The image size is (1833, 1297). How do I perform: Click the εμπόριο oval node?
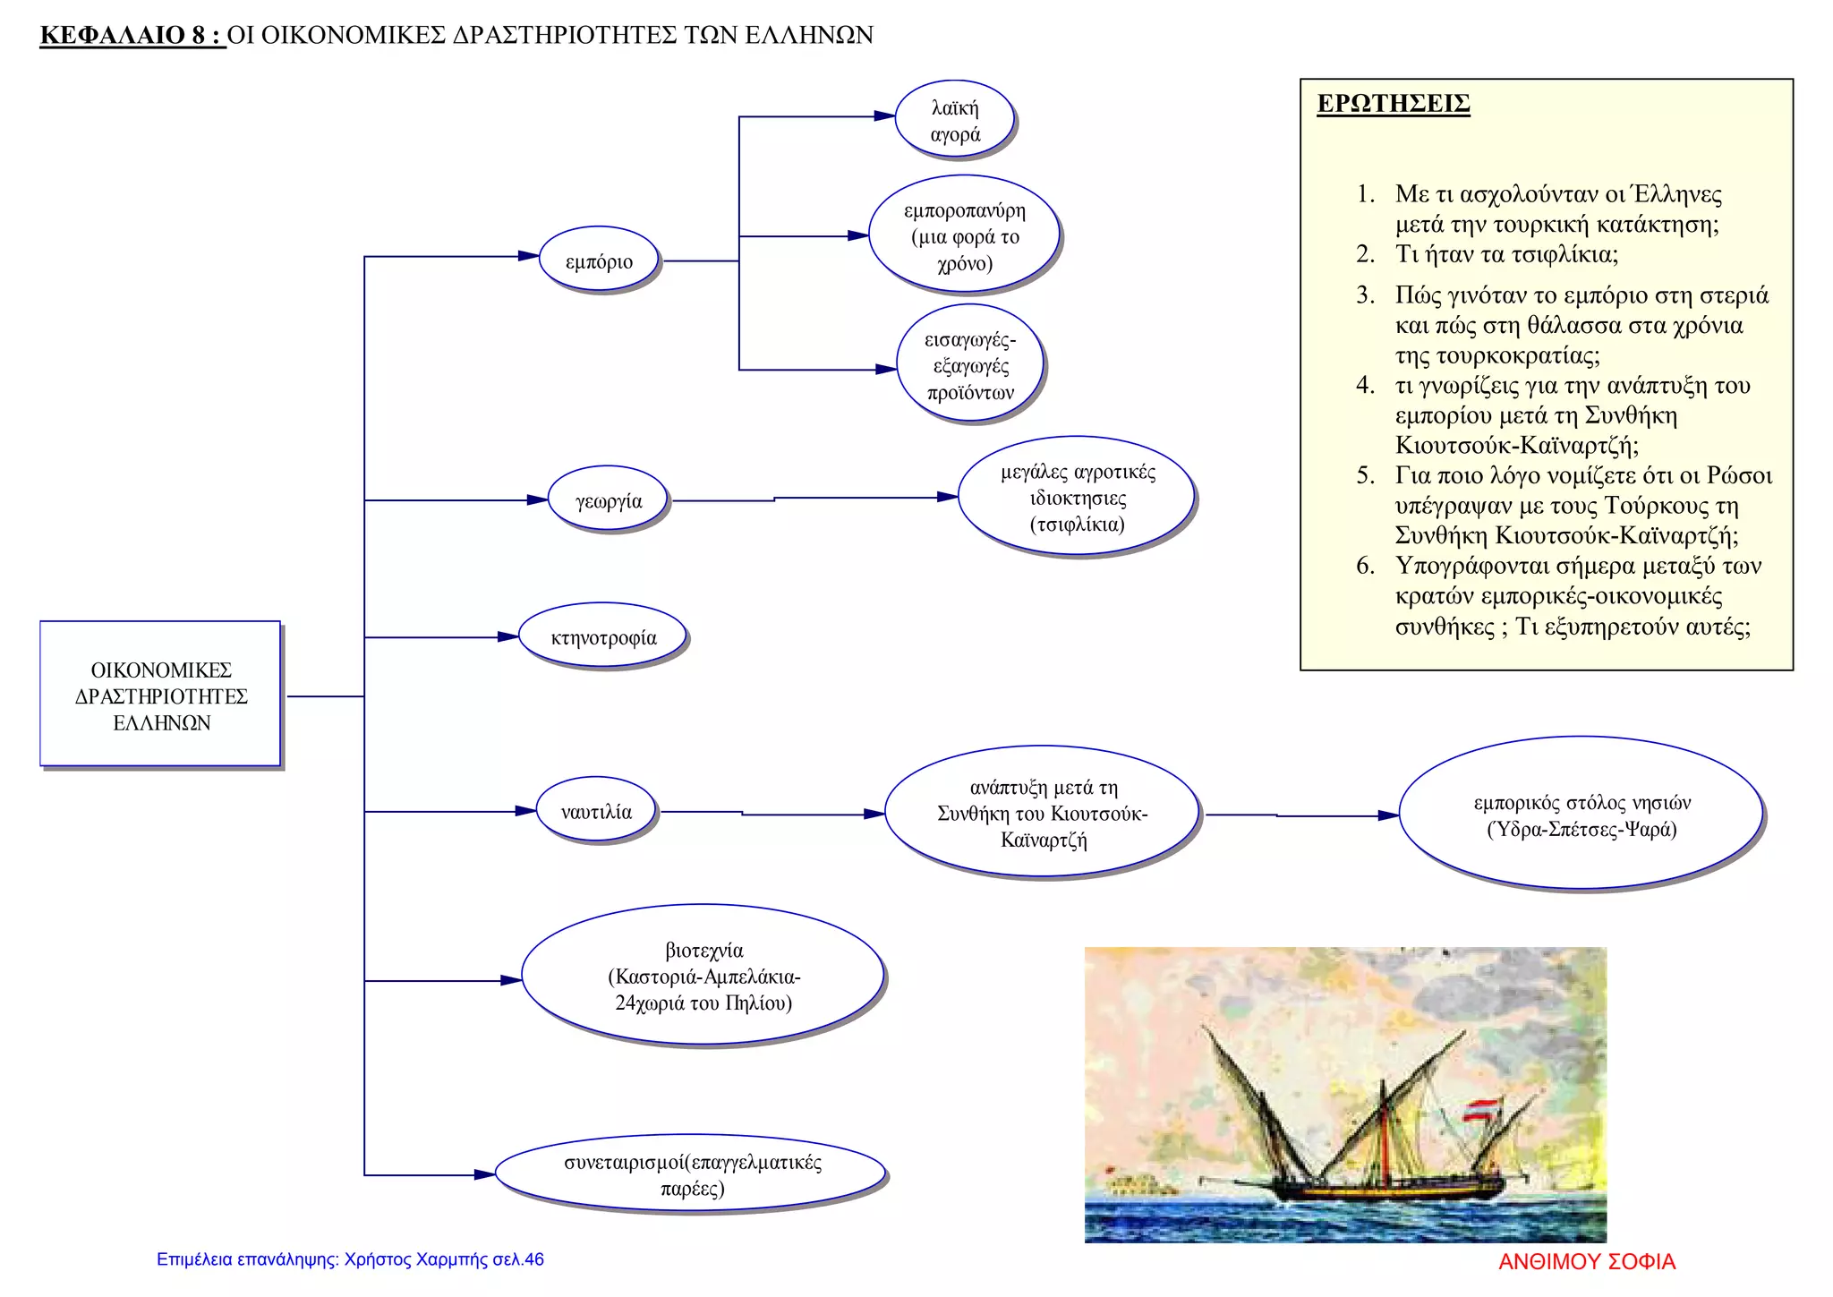pos(599,260)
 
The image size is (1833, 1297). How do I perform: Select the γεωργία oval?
pos(609,499)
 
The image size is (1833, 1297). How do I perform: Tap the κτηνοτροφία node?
pos(603,636)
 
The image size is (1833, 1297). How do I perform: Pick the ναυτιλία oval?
pos(597,811)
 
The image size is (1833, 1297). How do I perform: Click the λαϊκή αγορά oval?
pos(955,120)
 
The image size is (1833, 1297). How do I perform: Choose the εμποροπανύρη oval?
pos(965,235)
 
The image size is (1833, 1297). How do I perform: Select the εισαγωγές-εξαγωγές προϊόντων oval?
pos(971,364)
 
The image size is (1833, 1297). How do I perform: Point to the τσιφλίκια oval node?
pos(1078,498)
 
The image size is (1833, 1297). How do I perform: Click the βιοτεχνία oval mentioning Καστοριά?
pos(703,976)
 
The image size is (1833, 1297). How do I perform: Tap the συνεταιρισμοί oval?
pos(692,1174)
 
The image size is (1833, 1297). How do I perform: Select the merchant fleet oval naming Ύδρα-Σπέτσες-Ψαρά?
pos(1581,815)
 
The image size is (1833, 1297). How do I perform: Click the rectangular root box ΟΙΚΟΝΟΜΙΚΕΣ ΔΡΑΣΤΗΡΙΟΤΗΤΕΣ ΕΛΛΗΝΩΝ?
pos(161,695)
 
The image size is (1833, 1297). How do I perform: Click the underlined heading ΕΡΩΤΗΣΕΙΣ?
pos(1394,104)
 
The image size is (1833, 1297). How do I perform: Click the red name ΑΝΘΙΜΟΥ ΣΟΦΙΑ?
pos(1587,1261)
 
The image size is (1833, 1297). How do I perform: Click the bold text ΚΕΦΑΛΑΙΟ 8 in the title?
pos(124,35)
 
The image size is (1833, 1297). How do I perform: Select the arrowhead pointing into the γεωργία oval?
pos(537,499)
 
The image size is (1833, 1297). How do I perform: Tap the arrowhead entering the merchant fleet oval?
pos(1388,815)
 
